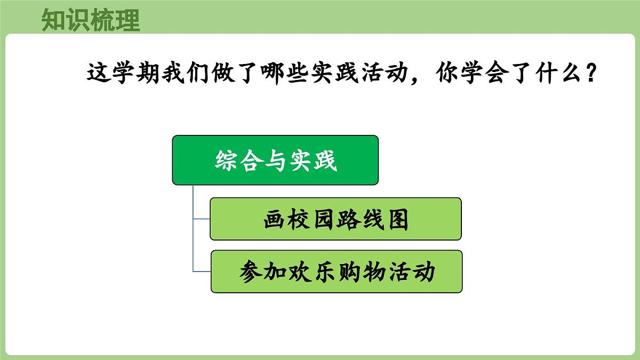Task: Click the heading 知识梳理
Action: (91, 21)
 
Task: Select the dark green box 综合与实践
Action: (275, 160)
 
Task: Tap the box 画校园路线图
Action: (335, 219)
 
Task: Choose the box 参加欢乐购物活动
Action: (337, 271)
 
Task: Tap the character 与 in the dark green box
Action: (276, 160)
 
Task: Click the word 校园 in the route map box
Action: (312, 219)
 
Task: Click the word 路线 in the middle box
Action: (360, 219)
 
